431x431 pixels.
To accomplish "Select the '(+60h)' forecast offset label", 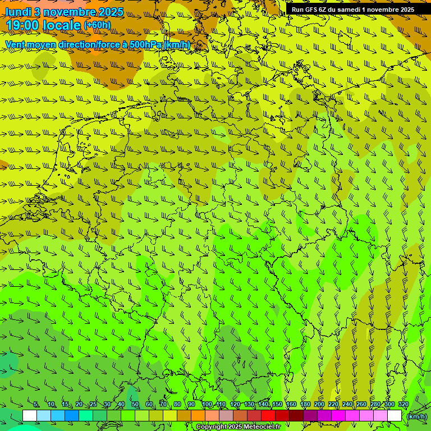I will [x=97, y=25].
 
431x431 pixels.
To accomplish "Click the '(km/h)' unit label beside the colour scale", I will [x=416, y=416].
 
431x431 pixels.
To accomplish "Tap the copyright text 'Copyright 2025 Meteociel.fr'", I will [x=238, y=427].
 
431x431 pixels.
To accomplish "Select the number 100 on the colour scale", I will [x=207, y=405].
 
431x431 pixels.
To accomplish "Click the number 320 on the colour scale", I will [x=403, y=405].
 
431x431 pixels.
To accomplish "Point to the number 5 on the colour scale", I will [x=36, y=405].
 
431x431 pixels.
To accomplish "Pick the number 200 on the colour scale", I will [x=319, y=405].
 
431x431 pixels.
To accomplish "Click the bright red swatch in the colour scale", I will [x=268, y=416].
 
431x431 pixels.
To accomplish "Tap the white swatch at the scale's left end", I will [x=30, y=416].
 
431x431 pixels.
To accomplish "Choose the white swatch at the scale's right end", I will [x=395, y=416].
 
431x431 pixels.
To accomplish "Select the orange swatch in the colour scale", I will [x=198, y=416].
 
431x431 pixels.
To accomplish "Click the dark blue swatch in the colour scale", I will [x=72, y=416].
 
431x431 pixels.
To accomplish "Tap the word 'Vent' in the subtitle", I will [x=15, y=44].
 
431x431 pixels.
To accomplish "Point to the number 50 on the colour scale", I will [x=135, y=405].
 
